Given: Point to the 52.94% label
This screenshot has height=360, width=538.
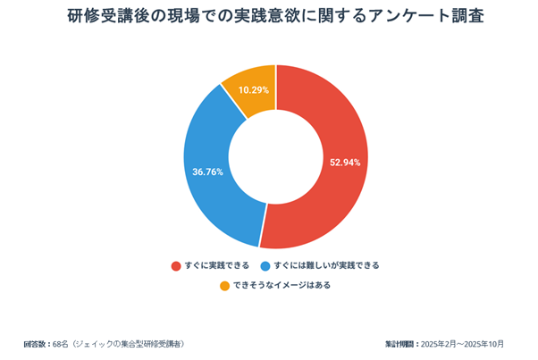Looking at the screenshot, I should (x=345, y=163).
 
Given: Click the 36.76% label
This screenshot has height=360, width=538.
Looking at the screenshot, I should (x=207, y=171).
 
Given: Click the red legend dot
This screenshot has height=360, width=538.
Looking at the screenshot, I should (x=175, y=265).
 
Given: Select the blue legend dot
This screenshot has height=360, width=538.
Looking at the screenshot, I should (x=266, y=265).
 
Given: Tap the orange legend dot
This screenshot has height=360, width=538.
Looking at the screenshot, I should (x=223, y=286).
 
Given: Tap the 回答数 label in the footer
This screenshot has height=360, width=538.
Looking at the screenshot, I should (x=37, y=344).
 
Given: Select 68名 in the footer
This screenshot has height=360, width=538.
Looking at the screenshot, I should (x=61, y=344).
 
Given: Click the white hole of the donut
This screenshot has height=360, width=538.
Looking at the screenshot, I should (x=275, y=156).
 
